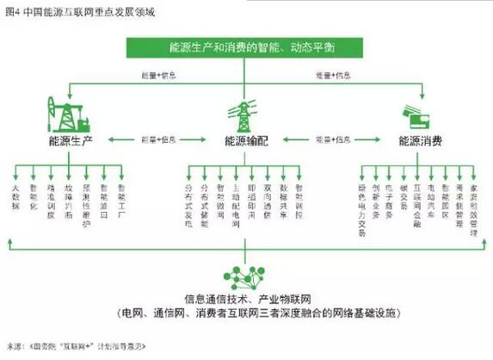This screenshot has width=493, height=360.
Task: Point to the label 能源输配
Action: pos(246,140)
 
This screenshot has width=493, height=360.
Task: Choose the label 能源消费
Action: pos(419,140)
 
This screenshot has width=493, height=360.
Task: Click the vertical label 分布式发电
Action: pos(189,200)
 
